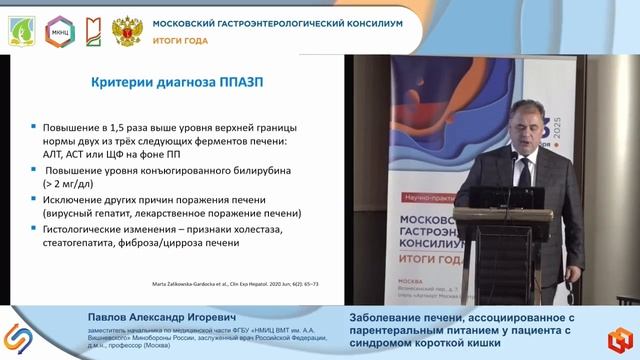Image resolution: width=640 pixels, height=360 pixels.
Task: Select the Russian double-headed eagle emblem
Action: point(127,30)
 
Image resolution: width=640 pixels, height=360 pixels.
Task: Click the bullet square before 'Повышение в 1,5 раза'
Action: point(33,128)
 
